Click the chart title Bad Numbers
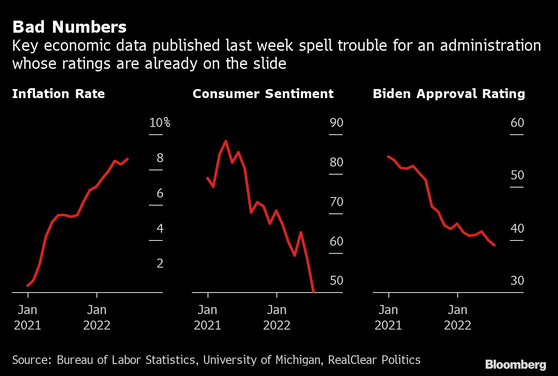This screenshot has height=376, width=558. [x=69, y=27]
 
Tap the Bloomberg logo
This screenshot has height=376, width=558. [x=515, y=365]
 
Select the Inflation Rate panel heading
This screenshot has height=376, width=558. [x=59, y=94]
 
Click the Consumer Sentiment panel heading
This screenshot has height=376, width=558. [x=263, y=94]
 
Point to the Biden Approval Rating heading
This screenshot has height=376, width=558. [x=449, y=94]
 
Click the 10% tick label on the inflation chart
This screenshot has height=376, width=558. [x=160, y=123]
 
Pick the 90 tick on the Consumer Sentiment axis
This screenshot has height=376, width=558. [x=336, y=123]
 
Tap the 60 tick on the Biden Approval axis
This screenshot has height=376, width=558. [x=517, y=123]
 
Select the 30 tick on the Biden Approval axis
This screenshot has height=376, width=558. [x=517, y=281]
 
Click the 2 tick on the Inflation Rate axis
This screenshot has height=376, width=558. [x=160, y=263]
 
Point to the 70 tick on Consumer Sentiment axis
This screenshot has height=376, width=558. [x=336, y=202]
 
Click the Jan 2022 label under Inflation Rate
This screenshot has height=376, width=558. [x=97, y=317]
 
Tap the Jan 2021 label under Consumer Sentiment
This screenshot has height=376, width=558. [x=208, y=317]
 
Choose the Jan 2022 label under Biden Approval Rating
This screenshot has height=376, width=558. [x=457, y=317]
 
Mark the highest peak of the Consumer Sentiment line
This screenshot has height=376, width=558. [x=226, y=141]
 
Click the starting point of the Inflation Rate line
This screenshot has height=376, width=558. [x=28, y=285]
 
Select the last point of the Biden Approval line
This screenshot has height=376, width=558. [x=494, y=245]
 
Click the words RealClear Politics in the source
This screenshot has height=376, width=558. [x=374, y=360]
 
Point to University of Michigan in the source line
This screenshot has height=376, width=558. [x=261, y=360]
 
